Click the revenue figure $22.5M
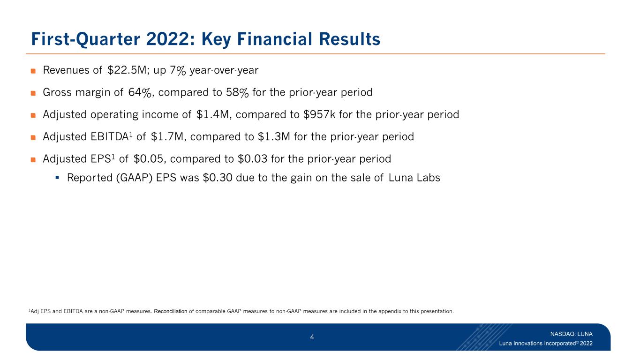coord(127,70)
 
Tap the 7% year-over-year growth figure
coord(178,70)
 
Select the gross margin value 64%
coord(140,92)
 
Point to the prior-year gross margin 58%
coord(237,92)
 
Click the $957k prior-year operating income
coord(319,114)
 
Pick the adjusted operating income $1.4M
coord(212,114)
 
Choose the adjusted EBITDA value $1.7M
coord(167,137)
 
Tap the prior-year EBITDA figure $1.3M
coord(274,137)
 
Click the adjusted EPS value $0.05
coord(148,159)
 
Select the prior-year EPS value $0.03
coord(252,159)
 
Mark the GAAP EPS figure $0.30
coord(218,178)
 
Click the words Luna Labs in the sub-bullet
coord(414,178)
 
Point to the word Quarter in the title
coord(108,39)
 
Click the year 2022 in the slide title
coord(167,39)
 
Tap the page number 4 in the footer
coord(312,337)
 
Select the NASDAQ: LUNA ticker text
coord(572,334)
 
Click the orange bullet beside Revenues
coord(33,71)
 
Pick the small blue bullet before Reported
coord(57,178)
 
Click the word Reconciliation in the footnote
coord(171,311)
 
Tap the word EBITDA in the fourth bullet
coord(110,137)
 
